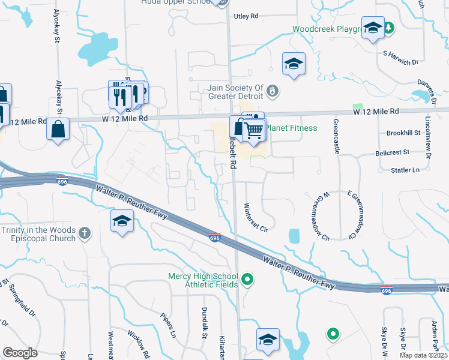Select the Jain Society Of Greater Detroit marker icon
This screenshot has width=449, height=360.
tap(273, 91)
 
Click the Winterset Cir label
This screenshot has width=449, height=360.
tap(255, 218)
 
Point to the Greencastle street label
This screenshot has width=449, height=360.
tap(337, 137)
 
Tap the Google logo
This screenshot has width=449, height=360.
tap(20, 353)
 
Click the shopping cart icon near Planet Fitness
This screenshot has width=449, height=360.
tap(255, 128)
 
